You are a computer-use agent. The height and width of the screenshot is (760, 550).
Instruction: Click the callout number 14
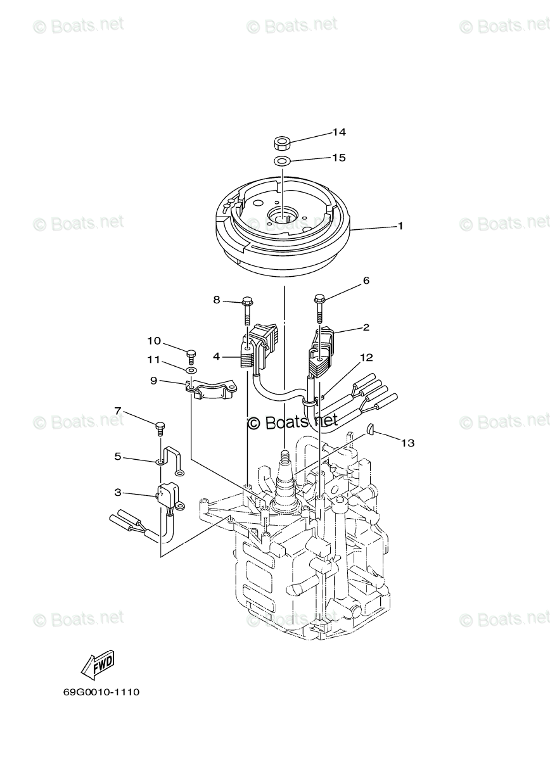point(338,132)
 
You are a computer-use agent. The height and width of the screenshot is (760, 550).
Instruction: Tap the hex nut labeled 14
point(281,144)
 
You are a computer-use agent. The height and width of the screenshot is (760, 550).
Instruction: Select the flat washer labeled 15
point(281,160)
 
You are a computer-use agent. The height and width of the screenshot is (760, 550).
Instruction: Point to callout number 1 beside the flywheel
point(400,225)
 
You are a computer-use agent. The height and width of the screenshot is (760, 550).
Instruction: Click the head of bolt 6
point(319,298)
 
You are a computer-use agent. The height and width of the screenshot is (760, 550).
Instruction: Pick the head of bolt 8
point(248,300)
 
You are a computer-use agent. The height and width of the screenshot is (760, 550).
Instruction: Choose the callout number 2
point(366,327)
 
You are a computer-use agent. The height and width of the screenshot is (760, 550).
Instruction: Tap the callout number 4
point(217,357)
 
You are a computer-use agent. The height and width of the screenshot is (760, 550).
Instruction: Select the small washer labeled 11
point(192,369)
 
